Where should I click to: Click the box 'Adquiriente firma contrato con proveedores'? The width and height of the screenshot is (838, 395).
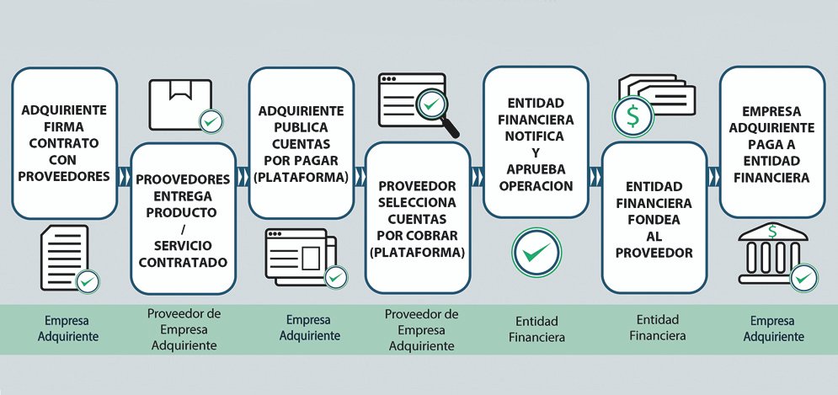64,143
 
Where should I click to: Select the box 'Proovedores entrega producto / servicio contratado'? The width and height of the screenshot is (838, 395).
182,220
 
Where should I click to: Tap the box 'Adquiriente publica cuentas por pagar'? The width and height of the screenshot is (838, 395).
301,144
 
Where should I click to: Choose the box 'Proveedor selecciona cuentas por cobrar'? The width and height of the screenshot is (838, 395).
418,218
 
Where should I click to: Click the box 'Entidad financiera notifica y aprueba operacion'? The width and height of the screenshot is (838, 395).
535,143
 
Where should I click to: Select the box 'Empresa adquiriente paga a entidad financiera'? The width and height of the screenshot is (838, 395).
771,144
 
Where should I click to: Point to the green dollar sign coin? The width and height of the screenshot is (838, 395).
629,116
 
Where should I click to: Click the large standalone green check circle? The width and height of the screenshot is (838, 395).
536,251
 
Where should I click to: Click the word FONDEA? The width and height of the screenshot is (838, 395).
654,220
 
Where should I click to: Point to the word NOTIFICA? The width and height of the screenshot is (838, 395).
535,136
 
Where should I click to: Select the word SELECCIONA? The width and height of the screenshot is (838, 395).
418,202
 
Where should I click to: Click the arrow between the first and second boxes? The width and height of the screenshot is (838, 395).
125,178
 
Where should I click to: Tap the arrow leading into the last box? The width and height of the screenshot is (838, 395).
713,178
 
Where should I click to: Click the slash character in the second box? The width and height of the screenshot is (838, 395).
182,227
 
